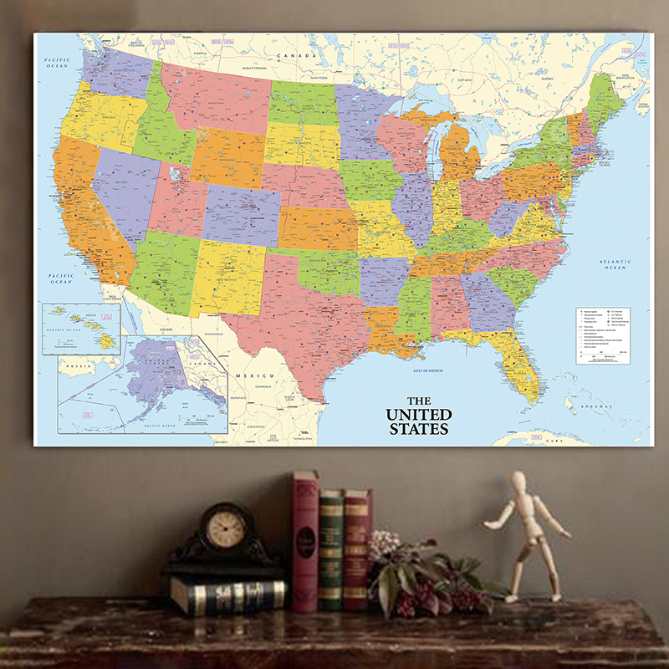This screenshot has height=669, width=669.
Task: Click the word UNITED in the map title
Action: pyautogui.click(x=418, y=415)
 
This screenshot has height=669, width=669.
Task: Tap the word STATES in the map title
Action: pyautogui.click(x=418, y=429)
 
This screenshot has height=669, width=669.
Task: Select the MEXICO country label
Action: pyautogui.click(x=253, y=376)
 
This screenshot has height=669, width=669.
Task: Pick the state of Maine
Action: pyautogui.click(x=604, y=100)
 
